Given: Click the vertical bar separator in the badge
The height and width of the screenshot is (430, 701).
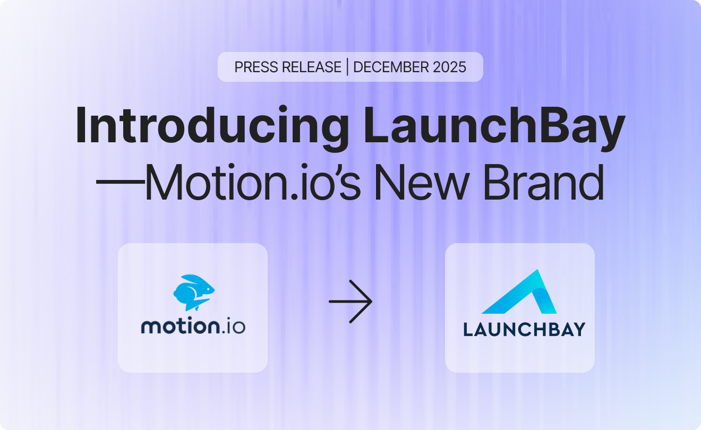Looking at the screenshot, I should click(347, 67).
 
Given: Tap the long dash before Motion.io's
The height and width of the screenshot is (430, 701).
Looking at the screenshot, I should click(120, 182).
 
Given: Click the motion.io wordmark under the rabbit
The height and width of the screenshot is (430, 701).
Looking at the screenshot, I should click(193, 325).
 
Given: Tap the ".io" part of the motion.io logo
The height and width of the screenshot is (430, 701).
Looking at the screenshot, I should click(234, 325).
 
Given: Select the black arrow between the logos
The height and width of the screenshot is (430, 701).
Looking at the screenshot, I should click(350, 302).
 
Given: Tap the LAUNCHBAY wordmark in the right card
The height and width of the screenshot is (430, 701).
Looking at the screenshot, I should click(524, 329).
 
